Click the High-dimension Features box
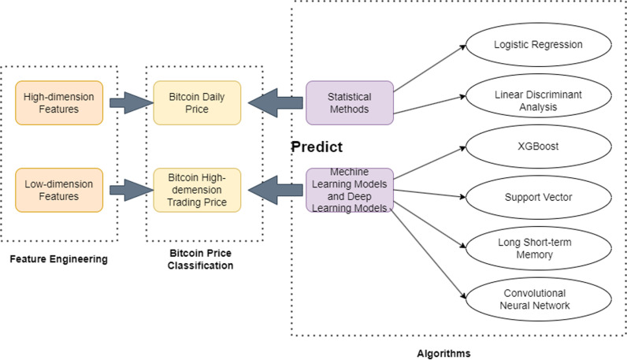pyautogui.click(x=58, y=103)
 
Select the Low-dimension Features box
pyautogui.click(x=58, y=190)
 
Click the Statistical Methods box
pyautogui.click(x=349, y=103)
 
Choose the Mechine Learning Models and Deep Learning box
pyautogui.click(x=349, y=190)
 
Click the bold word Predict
pyautogui.click(x=317, y=147)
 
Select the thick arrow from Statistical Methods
pyautogui.click(x=276, y=103)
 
